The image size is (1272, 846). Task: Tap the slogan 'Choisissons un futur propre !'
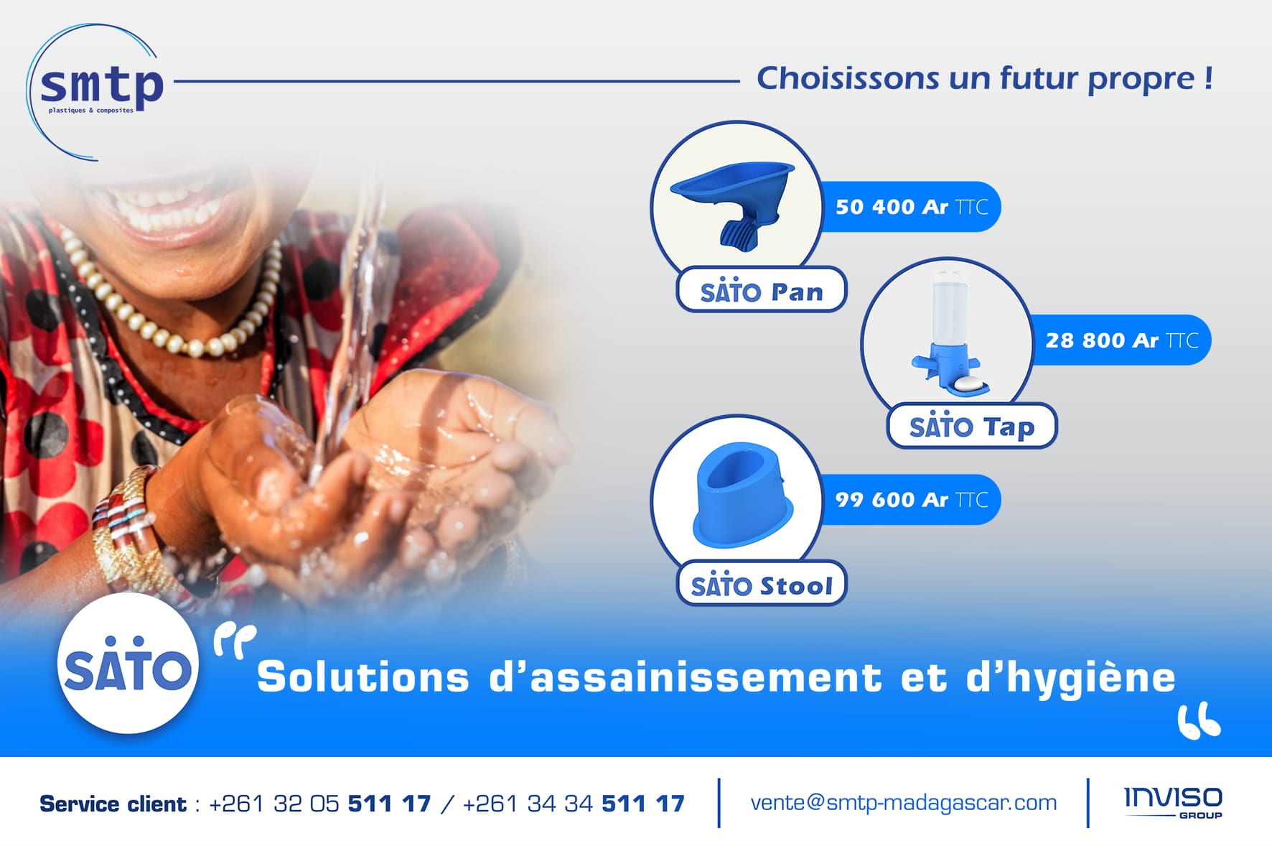[x=985, y=79]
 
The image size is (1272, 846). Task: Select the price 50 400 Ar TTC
[x=912, y=207]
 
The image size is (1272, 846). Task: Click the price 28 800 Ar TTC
[x=1122, y=340]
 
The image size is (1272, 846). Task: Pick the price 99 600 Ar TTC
[x=912, y=500]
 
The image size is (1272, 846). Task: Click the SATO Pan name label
[x=762, y=290]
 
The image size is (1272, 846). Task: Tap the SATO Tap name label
[x=972, y=426]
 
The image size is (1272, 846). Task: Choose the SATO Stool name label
[x=762, y=584]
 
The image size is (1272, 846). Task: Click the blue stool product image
[x=743, y=495]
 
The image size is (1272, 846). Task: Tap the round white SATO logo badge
[x=128, y=663]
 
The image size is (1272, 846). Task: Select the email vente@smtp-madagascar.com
[x=903, y=803]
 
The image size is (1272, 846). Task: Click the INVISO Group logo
[x=1173, y=802]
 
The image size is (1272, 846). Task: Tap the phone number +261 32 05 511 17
[x=319, y=804]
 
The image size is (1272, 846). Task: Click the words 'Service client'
[x=113, y=804]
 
